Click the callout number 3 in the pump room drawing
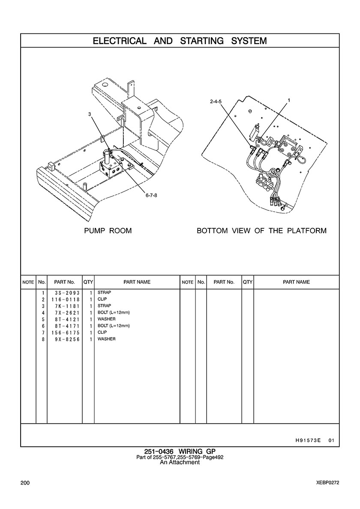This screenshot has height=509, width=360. click(x=90, y=114)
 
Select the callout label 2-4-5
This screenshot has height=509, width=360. click(x=216, y=102)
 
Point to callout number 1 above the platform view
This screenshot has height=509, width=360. click(x=289, y=100)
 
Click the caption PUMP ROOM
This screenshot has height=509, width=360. click(x=108, y=231)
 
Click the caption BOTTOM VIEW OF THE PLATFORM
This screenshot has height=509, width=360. click(x=261, y=231)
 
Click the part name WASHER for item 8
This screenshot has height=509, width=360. click(x=106, y=339)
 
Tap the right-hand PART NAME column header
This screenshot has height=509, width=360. click(x=296, y=282)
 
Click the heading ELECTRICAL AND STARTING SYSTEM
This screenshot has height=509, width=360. click(x=180, y=41)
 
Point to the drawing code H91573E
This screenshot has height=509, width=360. click(x=308, y=440)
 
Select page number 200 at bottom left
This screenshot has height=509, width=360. click(x=25, y=483)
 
